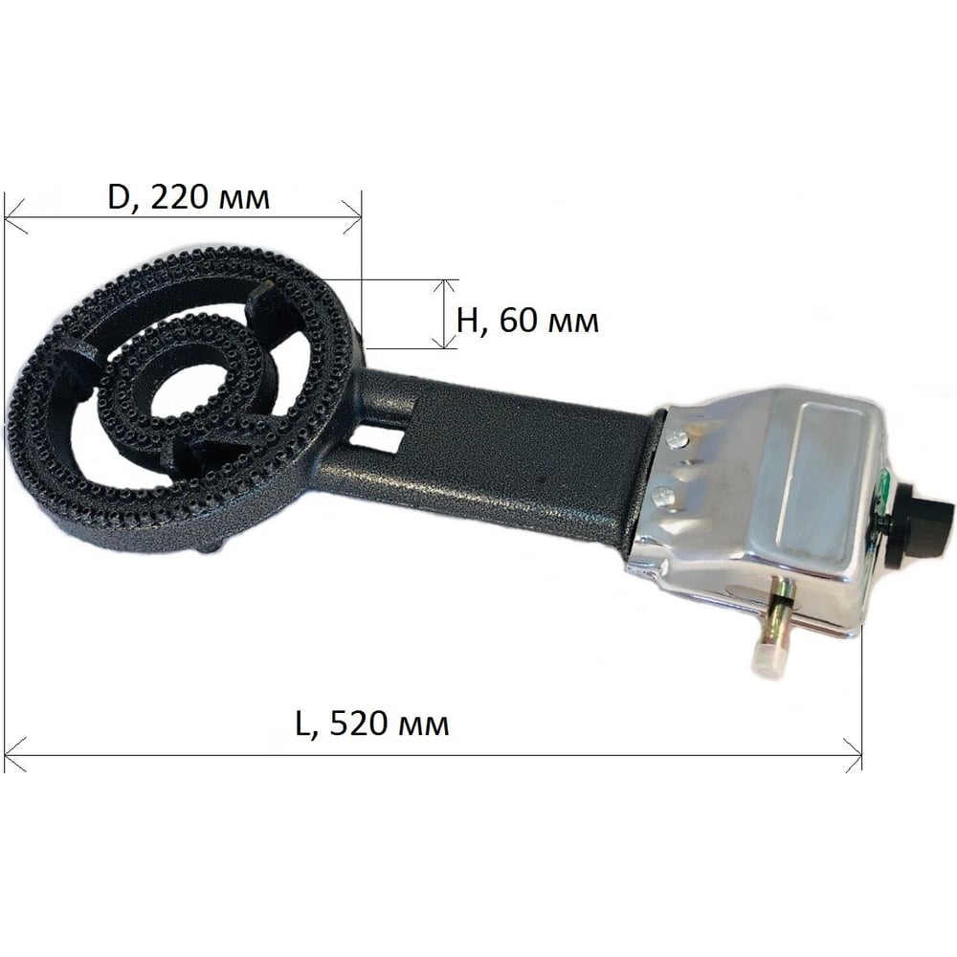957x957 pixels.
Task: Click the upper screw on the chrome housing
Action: pyautogui.click(x=677, y=437)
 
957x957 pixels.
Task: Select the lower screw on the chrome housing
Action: pyautogui.click(x=661, y=496)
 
